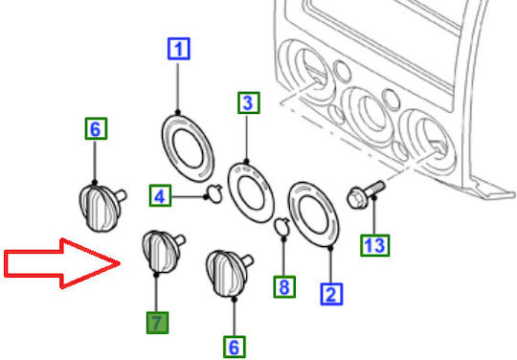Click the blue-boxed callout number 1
[178, 49]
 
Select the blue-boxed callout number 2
[331, 294]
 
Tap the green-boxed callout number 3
[249, 102]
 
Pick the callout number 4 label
[160, 195]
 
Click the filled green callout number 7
[158, 323]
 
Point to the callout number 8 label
[284, 287]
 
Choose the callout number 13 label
[375, 245]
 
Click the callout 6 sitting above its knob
[96, 128]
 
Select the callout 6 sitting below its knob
[235, 347]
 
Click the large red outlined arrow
[62, 263]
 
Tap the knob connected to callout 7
[163, 252]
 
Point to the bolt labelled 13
[366, 194]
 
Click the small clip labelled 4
[214, 193]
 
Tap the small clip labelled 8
[282, 227]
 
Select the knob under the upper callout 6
[101, 207]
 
